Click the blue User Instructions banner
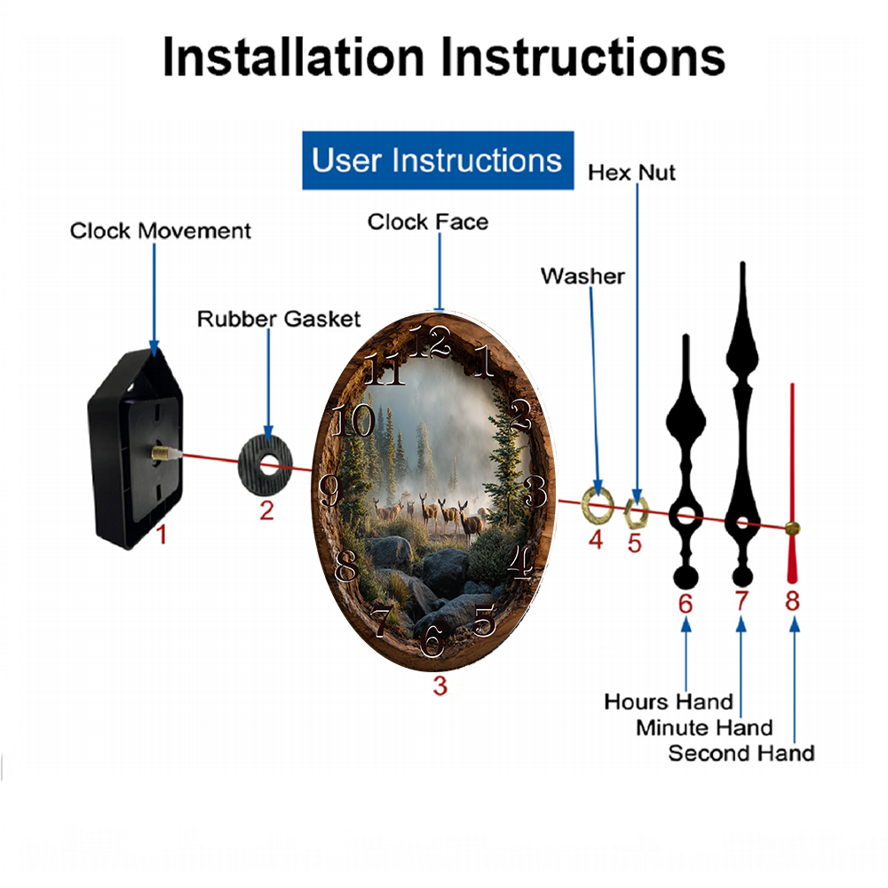click(x=437, y=161)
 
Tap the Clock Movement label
click(x=160, y=232)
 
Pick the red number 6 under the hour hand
click(x=686, y=604)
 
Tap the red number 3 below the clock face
click(x=440, y=686)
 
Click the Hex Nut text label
click(x=631, y=172)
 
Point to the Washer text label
click(x=583, y=276)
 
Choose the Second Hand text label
click(x=741, y=754)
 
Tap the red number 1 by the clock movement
click(x=162, y=535)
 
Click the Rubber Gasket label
click(x=279, y=319)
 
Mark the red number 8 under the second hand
click(x=792, y=602)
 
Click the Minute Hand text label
click(x=704, y=728)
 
